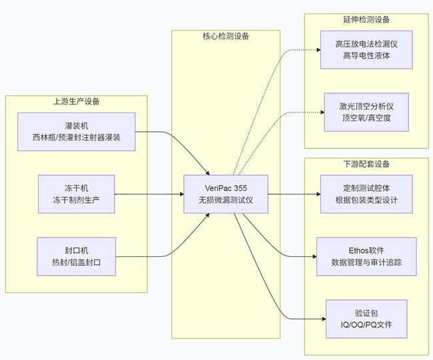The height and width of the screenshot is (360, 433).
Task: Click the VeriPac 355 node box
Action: (x=226, y=194)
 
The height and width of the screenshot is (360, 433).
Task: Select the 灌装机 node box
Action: (x=76, y=132)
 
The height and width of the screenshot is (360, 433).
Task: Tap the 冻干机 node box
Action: (x=76, y=194)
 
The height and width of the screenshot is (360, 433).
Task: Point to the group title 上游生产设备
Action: (x=76, y=102)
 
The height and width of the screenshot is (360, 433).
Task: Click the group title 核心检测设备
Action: (x=226, y=37)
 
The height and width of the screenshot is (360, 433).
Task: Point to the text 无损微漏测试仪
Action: (x=226, y=201)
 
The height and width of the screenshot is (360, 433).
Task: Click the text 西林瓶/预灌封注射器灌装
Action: (x=76, y=138)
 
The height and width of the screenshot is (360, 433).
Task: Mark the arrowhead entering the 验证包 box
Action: (x=322, y=319)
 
